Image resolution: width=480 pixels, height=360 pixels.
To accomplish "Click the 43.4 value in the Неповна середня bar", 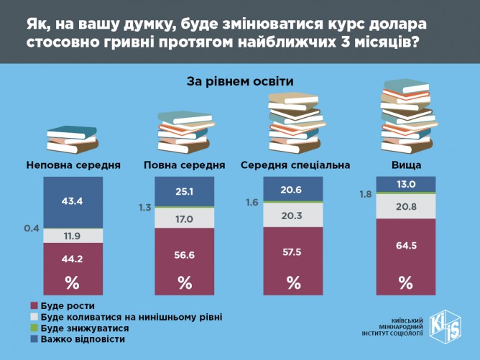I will tap(73, 200).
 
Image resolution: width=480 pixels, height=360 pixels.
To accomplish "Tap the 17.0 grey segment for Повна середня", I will tap(185, 218).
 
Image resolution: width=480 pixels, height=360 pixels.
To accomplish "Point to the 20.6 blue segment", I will tap(293, 189).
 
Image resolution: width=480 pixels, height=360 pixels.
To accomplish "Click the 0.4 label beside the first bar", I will tap(31, 229).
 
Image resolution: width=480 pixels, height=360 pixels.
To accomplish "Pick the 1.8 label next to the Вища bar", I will tap(365, 193).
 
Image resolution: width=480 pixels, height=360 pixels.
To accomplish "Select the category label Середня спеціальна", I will tap(295, 165).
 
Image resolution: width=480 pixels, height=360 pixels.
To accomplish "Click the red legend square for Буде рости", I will tap(34, 305).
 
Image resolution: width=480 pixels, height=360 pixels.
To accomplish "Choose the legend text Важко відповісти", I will tap(83, 338).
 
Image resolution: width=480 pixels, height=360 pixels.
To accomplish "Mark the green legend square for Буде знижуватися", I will tap(34, 328).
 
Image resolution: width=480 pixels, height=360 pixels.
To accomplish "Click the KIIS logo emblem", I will tap(447, 328).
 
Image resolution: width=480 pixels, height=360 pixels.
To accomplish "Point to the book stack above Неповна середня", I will tap(72, 139).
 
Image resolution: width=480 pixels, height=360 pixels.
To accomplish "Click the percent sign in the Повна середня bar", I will tap(185, 282).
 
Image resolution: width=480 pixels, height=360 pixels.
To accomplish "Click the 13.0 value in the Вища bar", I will tap(405, 185).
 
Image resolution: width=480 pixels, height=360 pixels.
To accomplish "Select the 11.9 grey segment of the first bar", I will tap(73, 235).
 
